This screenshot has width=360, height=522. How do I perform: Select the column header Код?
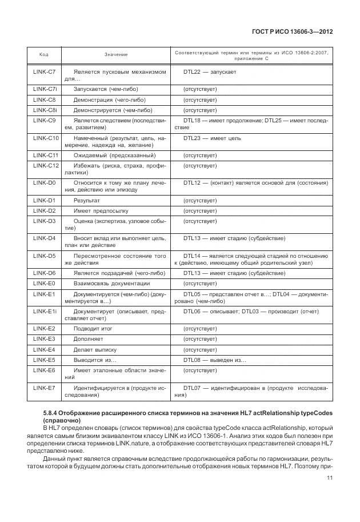[43, 55]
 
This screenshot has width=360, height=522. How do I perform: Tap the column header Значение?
[116, 55]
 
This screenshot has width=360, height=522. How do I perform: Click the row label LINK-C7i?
[44, 89]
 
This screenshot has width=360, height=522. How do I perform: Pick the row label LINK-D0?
[44, 183]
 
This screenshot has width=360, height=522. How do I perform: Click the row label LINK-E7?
[44, 388]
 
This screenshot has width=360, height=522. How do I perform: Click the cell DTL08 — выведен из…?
[214, 360]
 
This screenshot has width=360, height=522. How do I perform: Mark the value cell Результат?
[87, 201]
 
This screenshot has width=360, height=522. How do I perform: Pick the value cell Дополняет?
[89, 339]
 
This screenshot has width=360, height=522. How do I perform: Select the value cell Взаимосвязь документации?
[111, 284]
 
